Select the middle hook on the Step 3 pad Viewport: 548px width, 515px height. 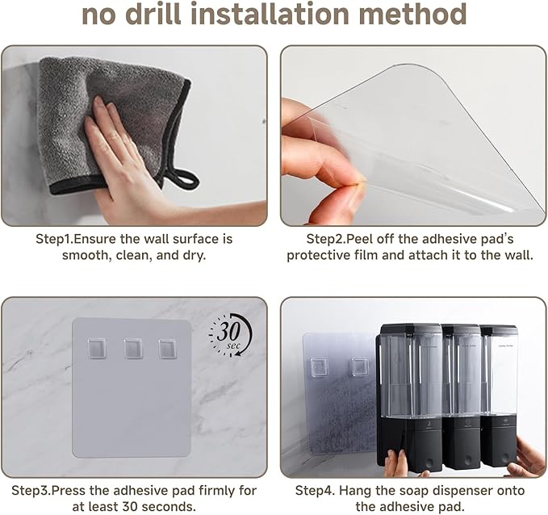tap(133, 349)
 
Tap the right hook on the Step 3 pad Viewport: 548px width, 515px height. tap(168, 349)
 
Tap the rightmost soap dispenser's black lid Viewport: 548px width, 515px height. tap(499, 330)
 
